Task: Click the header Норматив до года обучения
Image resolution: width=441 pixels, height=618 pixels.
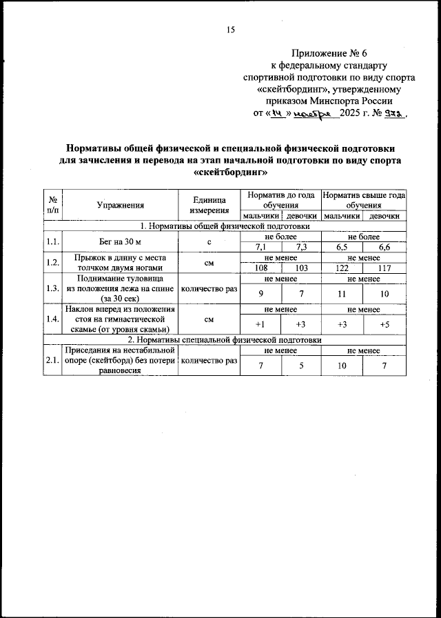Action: [280, 200]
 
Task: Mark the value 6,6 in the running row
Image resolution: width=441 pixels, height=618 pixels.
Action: [384, 247]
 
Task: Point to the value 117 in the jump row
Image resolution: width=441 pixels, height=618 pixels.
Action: [384, 267]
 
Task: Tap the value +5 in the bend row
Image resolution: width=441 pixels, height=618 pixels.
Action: [384, 325]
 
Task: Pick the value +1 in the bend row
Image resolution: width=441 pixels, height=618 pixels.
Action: [260, 325]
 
